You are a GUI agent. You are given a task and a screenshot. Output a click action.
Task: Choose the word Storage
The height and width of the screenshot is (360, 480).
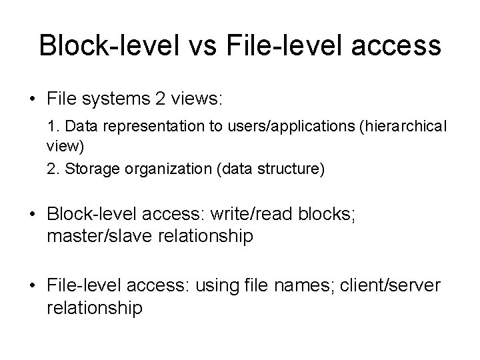point(91,170)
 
